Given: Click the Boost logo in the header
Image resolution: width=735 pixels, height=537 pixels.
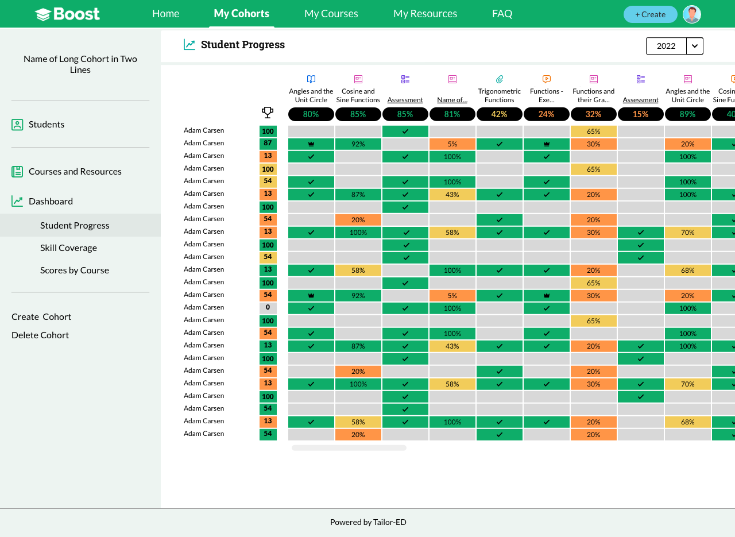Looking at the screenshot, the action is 67,14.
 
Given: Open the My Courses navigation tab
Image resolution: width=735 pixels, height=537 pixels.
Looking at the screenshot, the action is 331,14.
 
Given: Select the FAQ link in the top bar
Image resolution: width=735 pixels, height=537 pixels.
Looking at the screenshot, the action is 502,14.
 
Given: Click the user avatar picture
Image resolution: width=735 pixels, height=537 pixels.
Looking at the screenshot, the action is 692,14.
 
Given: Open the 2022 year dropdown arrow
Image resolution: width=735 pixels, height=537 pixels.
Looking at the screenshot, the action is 695,46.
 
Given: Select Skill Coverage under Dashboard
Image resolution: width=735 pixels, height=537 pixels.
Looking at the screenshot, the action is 68,248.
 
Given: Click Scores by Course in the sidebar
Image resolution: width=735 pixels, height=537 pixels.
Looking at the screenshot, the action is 75,270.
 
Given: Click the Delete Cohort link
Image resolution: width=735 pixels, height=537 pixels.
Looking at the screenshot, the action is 40,335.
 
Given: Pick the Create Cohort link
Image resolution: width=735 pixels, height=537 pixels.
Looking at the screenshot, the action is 41,317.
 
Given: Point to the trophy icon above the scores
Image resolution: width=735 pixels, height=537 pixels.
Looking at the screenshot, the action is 268,113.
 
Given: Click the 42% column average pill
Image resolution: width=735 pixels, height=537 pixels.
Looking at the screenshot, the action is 499,114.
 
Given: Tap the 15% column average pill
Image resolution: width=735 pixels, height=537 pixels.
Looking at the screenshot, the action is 640,114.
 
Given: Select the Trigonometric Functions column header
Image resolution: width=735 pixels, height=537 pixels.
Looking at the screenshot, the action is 499,95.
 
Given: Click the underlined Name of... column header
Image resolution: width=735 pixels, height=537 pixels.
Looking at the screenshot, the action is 452,100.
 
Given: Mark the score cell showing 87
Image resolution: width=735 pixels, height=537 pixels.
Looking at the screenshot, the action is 268,144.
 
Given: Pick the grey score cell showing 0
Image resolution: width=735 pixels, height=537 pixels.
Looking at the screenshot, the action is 268,308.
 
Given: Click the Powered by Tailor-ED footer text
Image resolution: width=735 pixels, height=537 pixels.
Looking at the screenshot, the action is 368,522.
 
